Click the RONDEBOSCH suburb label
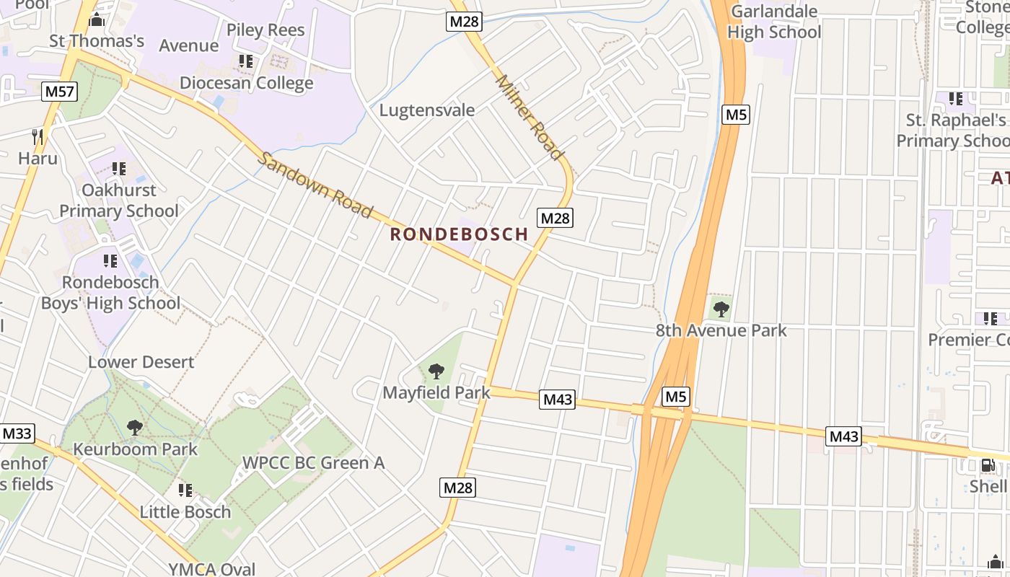pos(459,234)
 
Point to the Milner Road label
pos(529,118)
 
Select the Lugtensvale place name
pos(427,110)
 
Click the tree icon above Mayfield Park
pos(436,372)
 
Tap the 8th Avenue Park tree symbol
pos(721,310)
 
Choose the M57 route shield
pos(60,92)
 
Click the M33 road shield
pos(17,433)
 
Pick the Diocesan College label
pos(246,83)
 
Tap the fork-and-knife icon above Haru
pos(38,136)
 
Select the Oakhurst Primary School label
pos(119,201)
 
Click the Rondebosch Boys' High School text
pos(110,293)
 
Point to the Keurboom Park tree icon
pos(134,428)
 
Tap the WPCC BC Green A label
pos(313,463)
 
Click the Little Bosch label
pos(185,512)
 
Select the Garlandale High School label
pos(774,22)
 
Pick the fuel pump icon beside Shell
pos(987,465)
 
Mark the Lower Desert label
pos(141,362)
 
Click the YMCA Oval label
pos(212,569)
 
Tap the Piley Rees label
pos(265,30)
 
